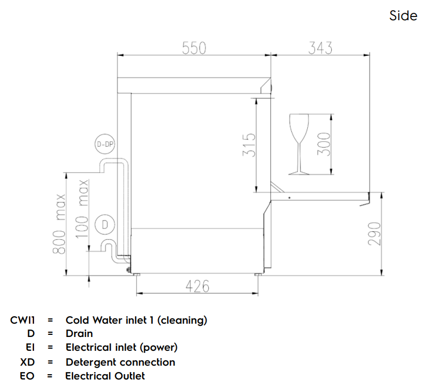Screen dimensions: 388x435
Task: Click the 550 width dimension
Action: point(194,48)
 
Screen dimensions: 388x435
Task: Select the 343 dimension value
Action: point(321,48)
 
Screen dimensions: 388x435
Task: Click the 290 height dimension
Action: point(375,234)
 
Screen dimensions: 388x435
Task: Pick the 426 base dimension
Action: point(198,286)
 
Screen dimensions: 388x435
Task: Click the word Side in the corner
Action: point(403,16)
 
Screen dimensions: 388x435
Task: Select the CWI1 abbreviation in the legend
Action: point(22,320)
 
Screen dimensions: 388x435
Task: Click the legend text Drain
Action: point(79,334)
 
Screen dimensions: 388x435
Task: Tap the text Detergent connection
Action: point(120,362)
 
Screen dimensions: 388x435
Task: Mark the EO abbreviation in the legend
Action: point(27,376)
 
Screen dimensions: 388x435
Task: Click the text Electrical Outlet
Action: point(105,376)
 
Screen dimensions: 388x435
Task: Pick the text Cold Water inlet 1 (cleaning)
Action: point(136,320)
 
